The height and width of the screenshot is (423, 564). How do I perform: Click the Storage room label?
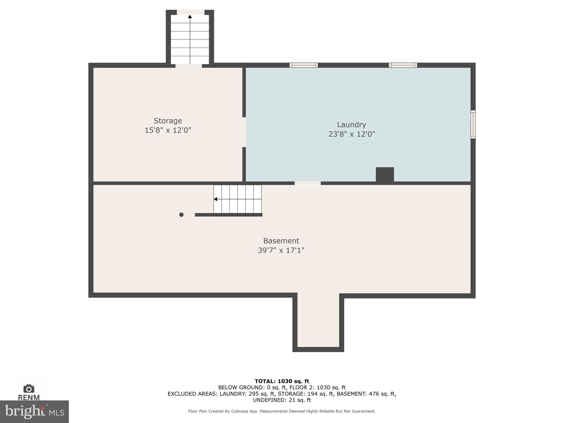click(168, 121)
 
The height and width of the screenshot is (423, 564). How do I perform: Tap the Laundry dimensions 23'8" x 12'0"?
click(351, 134)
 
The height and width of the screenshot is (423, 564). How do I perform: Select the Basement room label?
click(281, 241)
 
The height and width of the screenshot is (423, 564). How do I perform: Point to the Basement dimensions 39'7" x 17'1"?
click(281, 250)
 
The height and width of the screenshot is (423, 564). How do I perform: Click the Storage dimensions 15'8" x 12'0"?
click(168, 130)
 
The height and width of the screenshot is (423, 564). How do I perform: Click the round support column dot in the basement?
click(181, 215)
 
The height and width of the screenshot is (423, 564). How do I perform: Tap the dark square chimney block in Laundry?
click(385, 174)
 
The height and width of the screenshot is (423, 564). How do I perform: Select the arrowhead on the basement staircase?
click(216, 199)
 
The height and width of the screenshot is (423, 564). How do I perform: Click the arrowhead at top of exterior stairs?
click(190, 17)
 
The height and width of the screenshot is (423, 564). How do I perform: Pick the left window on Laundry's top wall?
click(303, 65)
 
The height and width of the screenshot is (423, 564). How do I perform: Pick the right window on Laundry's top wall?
click(403, 65)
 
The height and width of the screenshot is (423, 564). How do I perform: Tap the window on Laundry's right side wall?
click(473, 124)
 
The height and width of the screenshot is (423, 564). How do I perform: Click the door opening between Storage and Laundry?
click(244, 132)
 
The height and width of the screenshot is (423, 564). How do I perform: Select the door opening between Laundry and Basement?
click(308, 183)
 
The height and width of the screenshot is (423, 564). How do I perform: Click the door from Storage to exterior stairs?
click(189, 66)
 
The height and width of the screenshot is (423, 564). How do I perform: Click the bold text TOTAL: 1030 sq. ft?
click(282, 381)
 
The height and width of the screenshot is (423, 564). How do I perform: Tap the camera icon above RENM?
click(29, 389)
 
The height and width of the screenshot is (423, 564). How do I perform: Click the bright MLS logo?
click(34, 411)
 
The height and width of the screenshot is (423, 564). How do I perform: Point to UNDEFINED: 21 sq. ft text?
click(282, 400)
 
